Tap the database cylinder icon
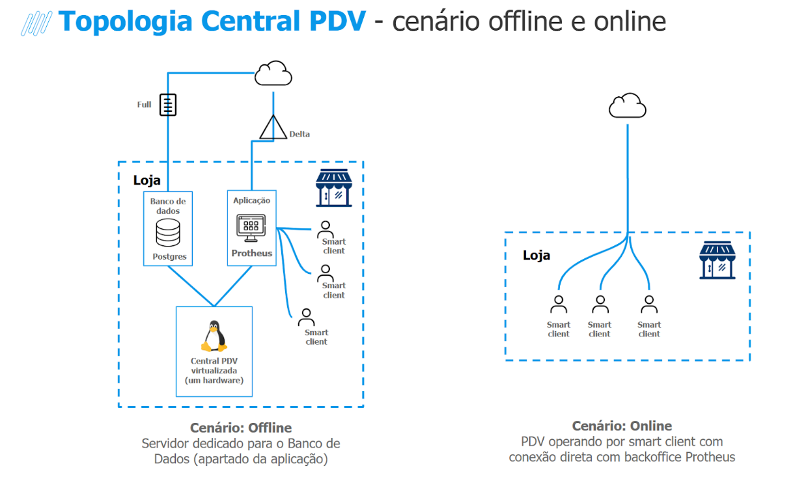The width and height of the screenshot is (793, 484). click(168, 232)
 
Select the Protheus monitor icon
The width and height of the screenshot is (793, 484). click(251, 228)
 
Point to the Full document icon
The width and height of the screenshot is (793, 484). click(169, 104)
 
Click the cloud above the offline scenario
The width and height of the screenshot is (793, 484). click(272, 74)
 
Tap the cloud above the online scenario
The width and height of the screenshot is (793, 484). click(627, 105)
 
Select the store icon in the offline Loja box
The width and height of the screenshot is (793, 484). click(333, 188)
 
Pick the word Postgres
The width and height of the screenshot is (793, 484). click(169, 256)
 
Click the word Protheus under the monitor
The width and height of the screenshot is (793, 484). click(252, 253)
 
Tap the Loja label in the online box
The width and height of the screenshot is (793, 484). click(536, 255)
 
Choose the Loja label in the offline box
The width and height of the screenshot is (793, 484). click(146, 180)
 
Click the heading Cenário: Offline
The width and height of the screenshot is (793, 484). click(241, 428)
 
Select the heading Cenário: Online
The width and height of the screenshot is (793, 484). click(622, 426)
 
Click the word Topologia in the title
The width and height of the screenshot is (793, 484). click(125, 21)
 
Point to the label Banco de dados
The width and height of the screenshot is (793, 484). click(168, 206)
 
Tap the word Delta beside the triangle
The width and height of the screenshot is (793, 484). click(299, 134)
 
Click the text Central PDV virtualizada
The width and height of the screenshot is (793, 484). click(214, 366)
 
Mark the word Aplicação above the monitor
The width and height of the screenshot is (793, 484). click(251, 200)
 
